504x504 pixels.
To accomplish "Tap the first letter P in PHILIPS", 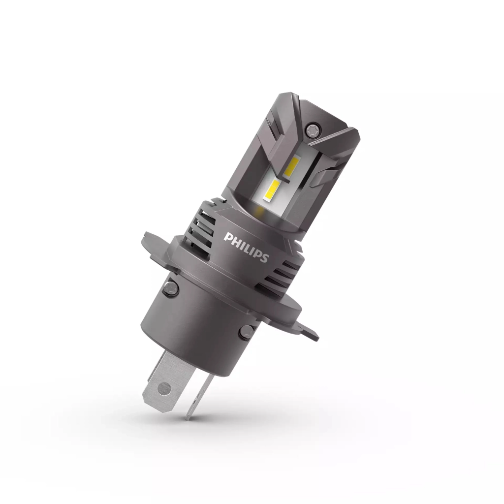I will click(227, 237).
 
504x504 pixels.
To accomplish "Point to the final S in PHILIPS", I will click(264, 258).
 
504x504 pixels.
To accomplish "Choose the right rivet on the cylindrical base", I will click(244, 332).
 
